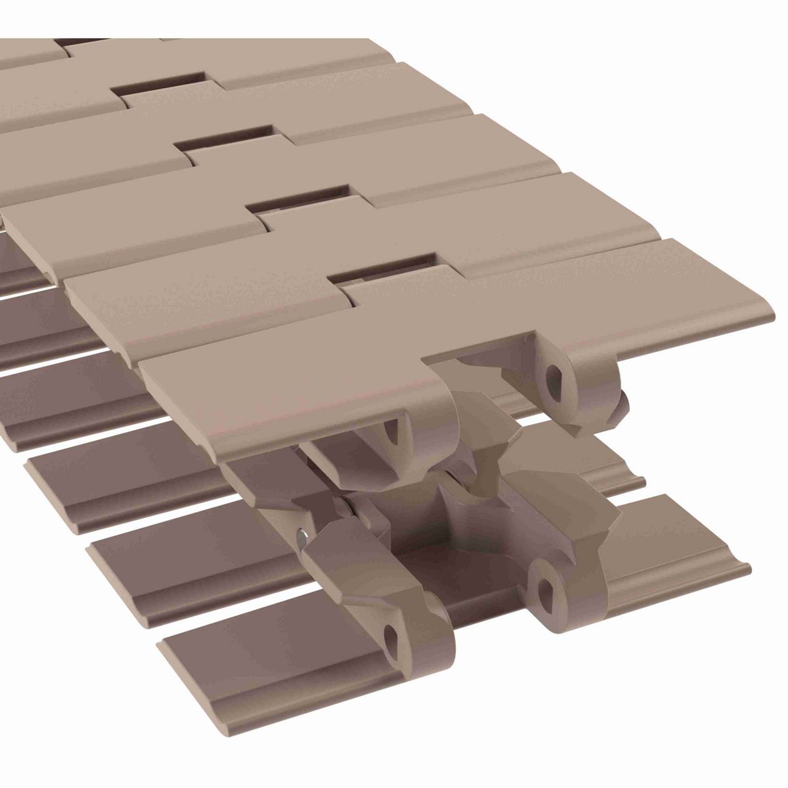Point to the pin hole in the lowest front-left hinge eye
(x=393, y=632)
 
